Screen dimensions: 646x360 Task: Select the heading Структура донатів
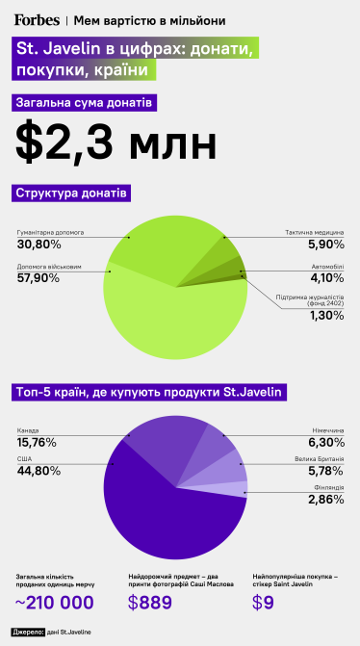pos(72,194)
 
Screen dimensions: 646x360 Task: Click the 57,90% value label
pos(39,278)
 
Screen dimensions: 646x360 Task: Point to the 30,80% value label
pos(39,245)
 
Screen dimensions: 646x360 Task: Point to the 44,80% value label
pos(39,470)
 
